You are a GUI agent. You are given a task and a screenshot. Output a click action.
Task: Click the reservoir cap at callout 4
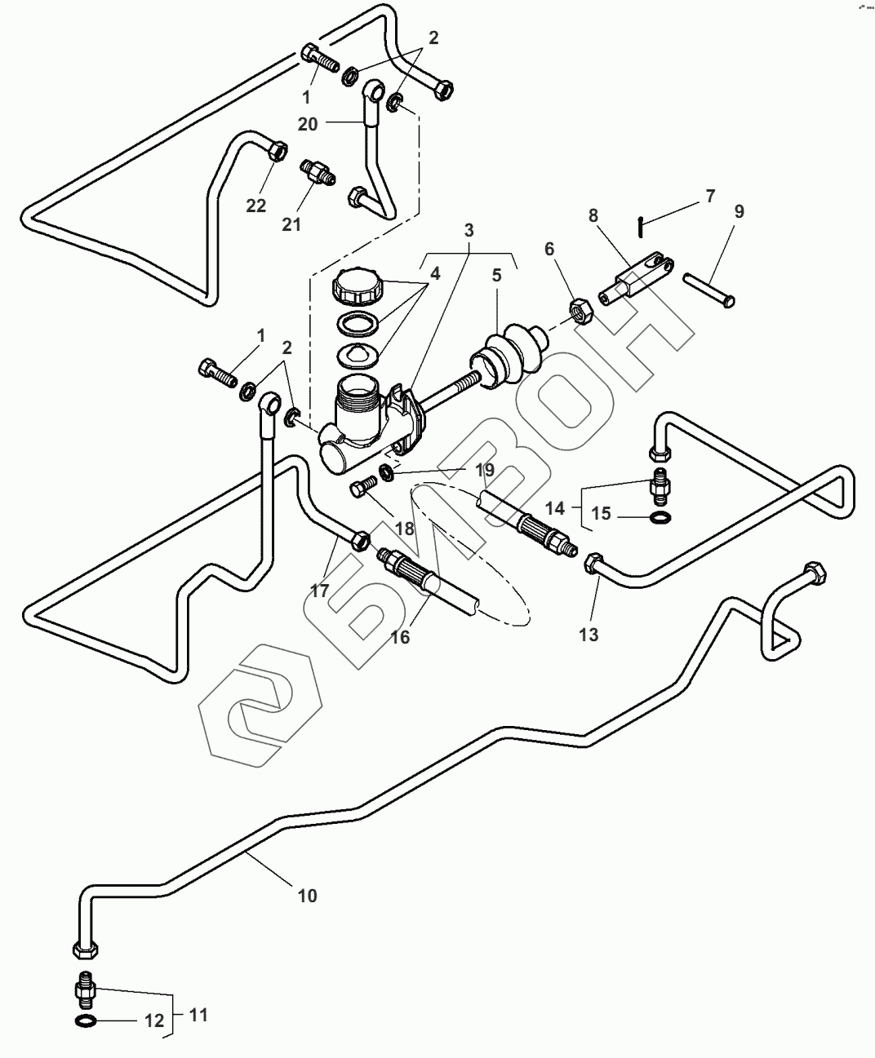[x=355, y=289]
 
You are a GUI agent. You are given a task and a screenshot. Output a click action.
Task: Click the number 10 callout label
[x=306, y=896]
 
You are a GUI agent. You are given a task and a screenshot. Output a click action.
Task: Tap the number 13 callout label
[x=589, y=634]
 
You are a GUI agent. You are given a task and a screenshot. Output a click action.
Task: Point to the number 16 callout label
[x=400, y=637]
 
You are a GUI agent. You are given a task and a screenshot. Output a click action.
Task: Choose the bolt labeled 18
[x=360, y=488]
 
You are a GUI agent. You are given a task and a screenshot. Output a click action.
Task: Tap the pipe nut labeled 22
[x=277, y=151]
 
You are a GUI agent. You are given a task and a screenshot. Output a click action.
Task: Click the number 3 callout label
[x=469, y=231]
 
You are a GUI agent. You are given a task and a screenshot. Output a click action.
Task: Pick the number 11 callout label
[x=198, y=1016]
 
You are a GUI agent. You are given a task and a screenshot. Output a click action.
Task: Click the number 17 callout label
[x=319, y=591]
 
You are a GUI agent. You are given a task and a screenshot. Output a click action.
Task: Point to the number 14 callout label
[x=555, y=508]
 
